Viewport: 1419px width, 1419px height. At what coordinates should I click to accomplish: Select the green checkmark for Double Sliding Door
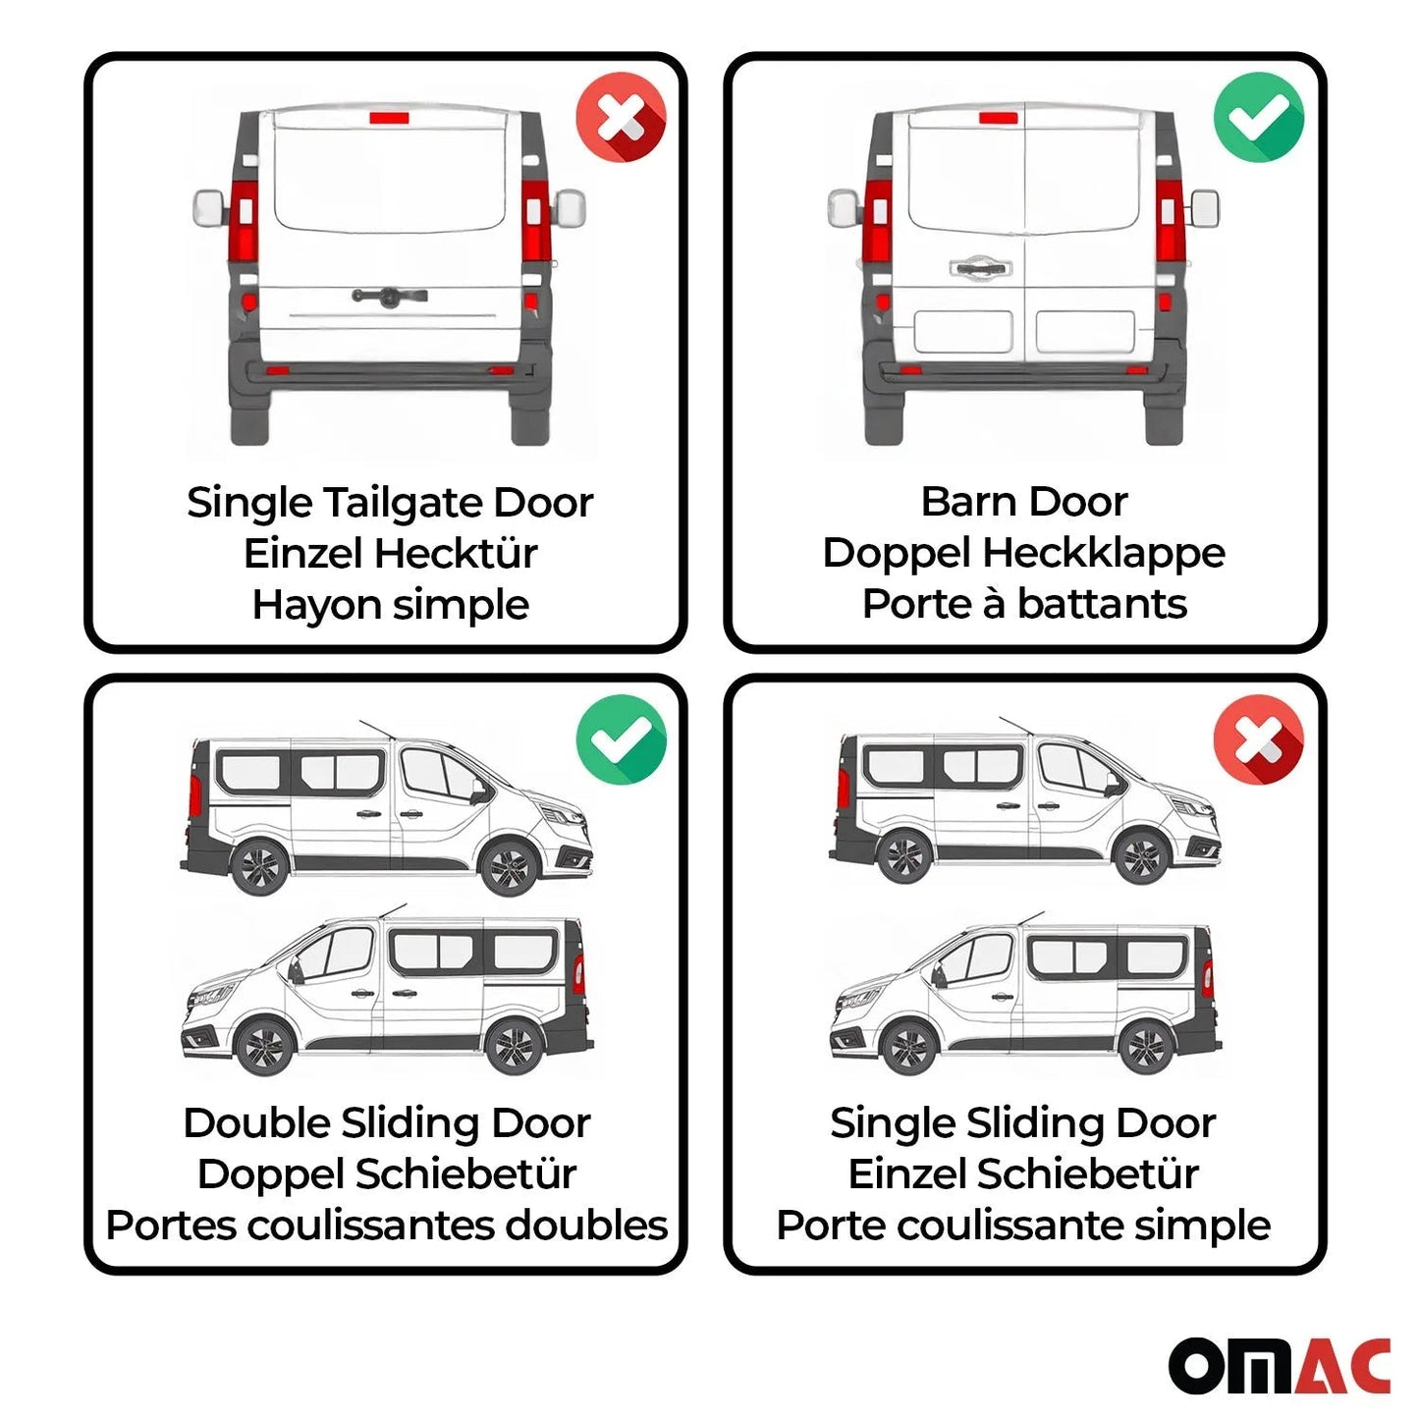point(621,738)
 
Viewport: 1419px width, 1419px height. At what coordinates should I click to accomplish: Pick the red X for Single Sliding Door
point(1258,738)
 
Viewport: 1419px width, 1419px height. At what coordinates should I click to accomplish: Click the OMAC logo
point(1279,1365)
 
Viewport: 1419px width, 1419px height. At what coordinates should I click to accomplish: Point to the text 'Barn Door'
point(1023,502)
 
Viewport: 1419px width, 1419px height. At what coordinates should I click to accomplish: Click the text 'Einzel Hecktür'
point(390,553)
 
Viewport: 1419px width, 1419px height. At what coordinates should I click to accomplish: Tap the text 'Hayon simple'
point(390,604)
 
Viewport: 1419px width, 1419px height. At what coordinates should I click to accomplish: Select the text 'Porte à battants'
point(1023,604)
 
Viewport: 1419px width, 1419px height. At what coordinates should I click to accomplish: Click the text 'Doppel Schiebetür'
point(386,1173)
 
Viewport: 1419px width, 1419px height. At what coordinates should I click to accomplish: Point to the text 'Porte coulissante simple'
point(1023,1225)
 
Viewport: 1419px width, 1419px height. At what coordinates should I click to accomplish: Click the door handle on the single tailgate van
point(390,296)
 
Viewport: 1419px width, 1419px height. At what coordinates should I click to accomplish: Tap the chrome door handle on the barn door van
point(980,267)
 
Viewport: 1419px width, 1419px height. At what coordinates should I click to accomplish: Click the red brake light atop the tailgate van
point(389,118)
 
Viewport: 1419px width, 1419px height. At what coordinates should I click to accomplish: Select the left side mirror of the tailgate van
point(210,207)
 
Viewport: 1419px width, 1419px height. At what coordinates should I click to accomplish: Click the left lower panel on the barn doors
point(962,332)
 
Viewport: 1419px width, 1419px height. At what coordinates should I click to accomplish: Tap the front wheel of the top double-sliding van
point(509,867)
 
